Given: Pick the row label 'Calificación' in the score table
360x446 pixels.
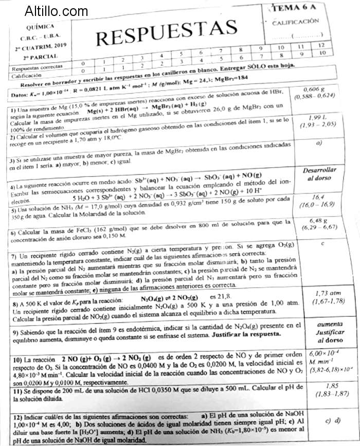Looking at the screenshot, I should pos(25,74).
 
